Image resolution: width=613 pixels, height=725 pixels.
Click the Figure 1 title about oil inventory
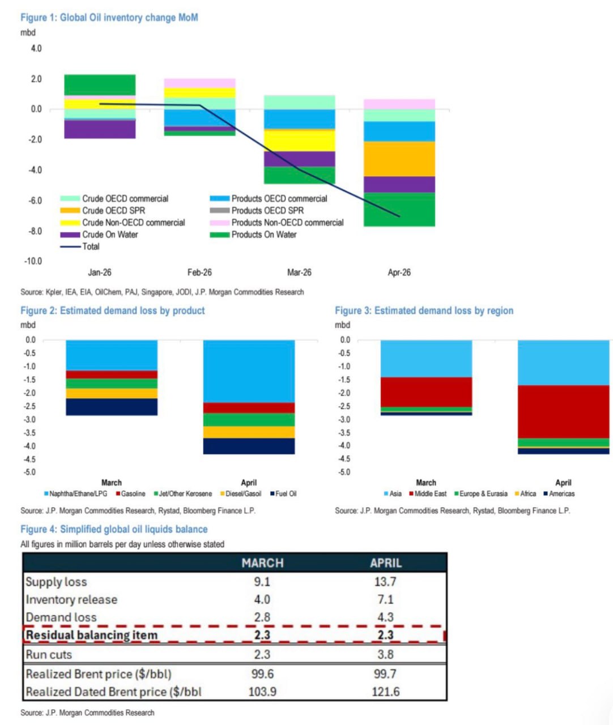[109, 18]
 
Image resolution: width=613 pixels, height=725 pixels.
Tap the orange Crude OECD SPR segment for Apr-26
[399, 159]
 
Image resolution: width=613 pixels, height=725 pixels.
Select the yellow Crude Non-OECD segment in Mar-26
[299, 140]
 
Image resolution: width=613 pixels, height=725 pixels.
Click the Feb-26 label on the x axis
[199, 272]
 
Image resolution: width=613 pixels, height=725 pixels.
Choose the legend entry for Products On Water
[263, 234]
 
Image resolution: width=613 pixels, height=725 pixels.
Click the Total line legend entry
[90, 246]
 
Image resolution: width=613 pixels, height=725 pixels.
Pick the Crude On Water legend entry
[109, 234]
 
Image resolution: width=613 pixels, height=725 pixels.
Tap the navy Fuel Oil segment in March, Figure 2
[112, 407]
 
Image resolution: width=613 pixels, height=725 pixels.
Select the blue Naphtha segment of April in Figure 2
[249, 371]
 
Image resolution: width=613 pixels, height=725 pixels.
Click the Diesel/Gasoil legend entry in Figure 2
[243, 494]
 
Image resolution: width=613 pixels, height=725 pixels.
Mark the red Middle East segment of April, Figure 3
[563, 412]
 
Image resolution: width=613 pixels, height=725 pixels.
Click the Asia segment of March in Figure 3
[426, 359]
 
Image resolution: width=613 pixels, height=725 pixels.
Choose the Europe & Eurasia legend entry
[483, 494]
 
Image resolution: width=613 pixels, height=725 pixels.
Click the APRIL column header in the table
[386, 563]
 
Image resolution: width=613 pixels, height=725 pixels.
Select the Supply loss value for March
[262, 582]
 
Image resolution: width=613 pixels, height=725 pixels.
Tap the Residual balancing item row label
[91, 635]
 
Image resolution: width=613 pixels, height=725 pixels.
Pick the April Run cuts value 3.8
[385, 654]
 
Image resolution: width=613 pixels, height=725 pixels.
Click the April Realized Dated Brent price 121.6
[385, 692]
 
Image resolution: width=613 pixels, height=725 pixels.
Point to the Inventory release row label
[71, 599]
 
